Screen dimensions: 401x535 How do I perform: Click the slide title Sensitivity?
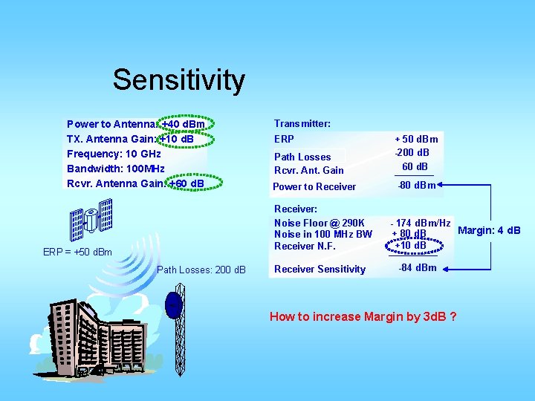tap(178, 79)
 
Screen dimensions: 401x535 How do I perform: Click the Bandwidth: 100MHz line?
tap(115, 169)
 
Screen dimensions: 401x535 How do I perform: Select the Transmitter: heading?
tap(302, 123)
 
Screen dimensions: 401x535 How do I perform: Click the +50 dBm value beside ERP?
tap(416, 139)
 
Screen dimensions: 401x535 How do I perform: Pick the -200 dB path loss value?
tap(416, 152)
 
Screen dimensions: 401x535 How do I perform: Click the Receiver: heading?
tap(296, 209)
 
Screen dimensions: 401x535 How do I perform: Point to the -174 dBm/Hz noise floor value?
tap(421, 223)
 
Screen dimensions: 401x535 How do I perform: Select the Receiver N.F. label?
tap(305, 246)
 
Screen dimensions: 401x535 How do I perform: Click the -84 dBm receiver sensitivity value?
tap(418, 268)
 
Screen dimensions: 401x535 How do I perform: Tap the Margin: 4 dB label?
tap(489, 230)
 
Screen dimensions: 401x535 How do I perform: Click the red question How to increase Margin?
tap(363, 317)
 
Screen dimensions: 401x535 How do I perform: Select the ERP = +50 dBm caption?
tap(77, 252)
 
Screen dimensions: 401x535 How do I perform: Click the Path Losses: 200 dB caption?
tap(201, 269)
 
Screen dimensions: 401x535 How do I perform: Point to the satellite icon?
tap(91, 219)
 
